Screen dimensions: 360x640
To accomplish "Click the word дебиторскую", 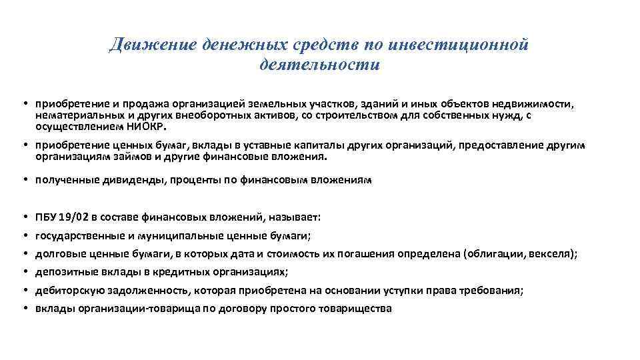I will click(x=69, y=290).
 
